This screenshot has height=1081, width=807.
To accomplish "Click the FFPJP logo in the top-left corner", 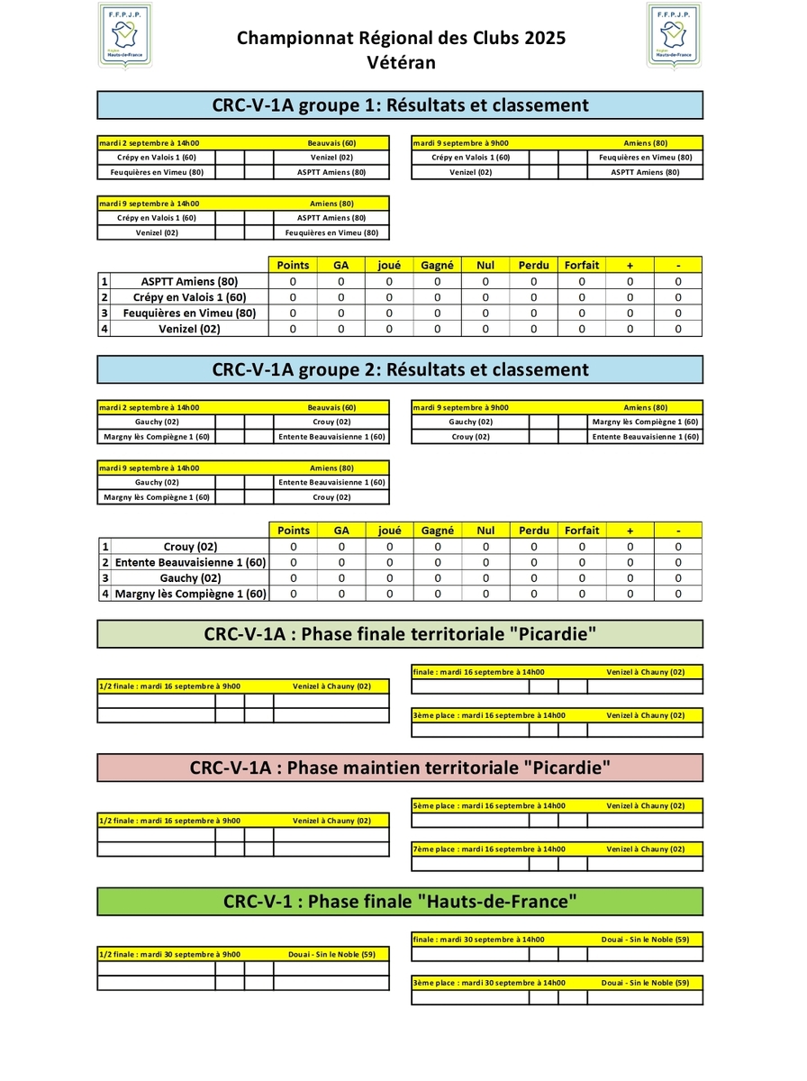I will tap(124, 35).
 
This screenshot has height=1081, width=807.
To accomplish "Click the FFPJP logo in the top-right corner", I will tap(675, 35).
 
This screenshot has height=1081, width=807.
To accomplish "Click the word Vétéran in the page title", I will tap(402, 62).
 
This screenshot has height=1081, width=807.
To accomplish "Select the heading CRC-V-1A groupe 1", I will tap(400, 105).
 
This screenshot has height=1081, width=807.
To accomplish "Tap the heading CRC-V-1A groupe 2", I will tap(400, 369).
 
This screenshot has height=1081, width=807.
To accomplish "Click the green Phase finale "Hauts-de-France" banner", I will tap(400, 901).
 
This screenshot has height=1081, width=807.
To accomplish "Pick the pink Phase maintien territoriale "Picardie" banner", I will tap(400, 768).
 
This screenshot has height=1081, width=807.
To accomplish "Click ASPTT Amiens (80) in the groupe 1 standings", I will tap(189, 281).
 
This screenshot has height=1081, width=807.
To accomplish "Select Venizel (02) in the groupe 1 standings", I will tap(189, 329).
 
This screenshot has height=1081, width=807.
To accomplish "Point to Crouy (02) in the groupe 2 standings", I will tap(190, 546).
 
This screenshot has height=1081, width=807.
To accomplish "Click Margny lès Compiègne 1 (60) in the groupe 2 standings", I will tap(190, 594).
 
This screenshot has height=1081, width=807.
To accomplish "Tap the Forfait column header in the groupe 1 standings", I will tap(582, 265).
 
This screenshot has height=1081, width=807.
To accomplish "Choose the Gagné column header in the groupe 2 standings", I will tap(438, 531).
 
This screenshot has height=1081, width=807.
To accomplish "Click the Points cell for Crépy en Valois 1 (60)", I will tap(293, 297).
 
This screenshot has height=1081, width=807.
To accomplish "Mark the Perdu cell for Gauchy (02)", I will tap(533, 578).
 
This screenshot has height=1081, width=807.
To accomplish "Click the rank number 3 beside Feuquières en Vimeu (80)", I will tap(104, 313).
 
